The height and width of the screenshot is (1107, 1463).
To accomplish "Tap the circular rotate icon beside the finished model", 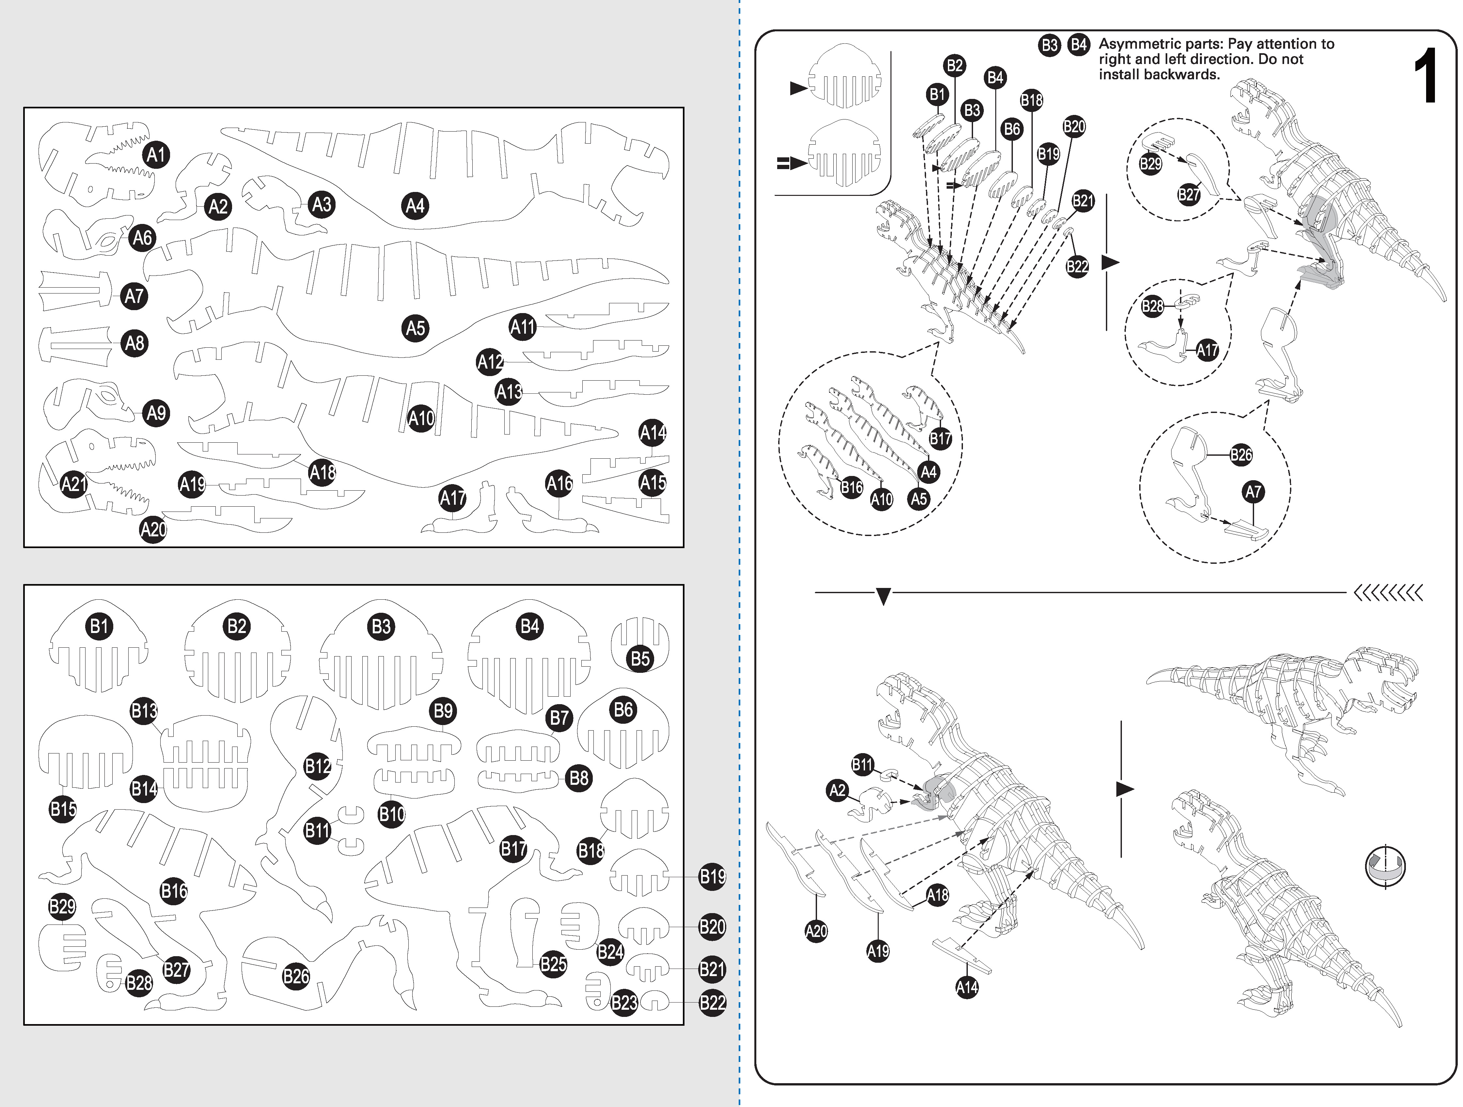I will coord(1385,866).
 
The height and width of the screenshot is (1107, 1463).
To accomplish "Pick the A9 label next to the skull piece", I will coord(156,413).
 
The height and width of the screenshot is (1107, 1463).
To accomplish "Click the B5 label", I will coord(640,659).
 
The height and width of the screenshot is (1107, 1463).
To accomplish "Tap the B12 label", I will coord(318,767).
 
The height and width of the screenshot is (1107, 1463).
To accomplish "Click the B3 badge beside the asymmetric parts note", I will coord(1050,45).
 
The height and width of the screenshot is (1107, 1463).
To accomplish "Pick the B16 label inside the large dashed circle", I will coord(852,487).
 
